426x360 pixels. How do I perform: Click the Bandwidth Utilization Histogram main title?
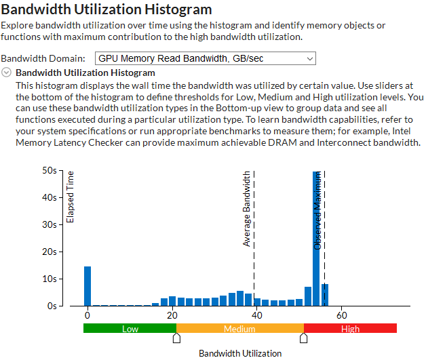[107, 9]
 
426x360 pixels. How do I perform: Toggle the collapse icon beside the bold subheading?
[7, 73]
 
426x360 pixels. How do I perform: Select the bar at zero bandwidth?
[88, 286]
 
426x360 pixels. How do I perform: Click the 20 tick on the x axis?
[172, 315]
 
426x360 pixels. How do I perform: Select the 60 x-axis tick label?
[342, 315]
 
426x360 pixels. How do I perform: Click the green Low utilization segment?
[130, 329]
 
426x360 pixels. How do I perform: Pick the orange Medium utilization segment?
[240, 329]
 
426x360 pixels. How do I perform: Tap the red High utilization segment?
[350, 329]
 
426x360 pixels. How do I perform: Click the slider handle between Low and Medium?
[176, 338]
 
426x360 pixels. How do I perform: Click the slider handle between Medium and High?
[303, 338]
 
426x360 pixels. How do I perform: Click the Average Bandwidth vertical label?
[247, 208]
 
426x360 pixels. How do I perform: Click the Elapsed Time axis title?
[71, 197]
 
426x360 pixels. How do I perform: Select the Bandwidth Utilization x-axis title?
[239, 353]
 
